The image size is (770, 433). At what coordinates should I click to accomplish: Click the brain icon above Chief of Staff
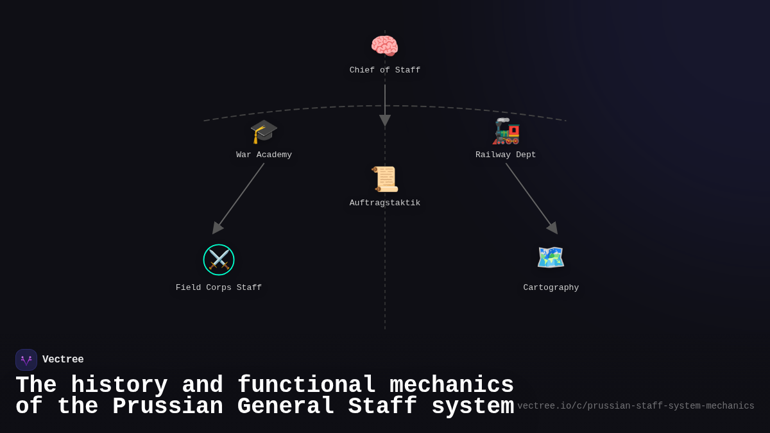tap(384, 46)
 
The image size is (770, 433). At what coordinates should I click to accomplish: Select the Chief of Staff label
tap(385, 71)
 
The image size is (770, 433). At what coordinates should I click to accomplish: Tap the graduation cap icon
tap(264, 132)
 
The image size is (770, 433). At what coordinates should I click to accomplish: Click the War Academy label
tap(264, 155)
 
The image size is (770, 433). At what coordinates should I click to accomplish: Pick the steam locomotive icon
tap(506, 132)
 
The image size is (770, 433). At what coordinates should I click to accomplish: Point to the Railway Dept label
tap(506, 155)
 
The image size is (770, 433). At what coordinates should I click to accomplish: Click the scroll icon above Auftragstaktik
tap(385, 180)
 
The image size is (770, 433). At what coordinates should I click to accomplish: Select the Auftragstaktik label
tap(385, 203)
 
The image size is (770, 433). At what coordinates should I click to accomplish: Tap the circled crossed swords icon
tap(219, 260)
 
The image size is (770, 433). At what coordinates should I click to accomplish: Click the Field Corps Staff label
tap(219, 288)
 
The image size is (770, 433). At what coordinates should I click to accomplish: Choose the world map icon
tap(551, 258)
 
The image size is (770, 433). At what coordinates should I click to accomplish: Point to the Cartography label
tap(551, 288)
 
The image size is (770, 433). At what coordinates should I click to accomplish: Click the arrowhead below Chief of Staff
tap(385, 120)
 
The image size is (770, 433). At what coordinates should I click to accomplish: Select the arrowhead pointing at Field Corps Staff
tap(217, 228)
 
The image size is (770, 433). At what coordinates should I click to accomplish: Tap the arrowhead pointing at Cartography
tap(552, 228)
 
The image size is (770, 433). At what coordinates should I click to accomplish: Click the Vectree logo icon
tap(26, 360)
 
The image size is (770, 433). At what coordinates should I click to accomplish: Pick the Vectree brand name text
tap(63, 360)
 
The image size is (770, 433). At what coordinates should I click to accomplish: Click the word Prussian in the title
tap(169, 407)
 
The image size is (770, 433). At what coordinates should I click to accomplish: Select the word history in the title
tap(119, 386)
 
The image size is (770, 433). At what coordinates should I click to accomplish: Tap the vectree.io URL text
tap(636, 406)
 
